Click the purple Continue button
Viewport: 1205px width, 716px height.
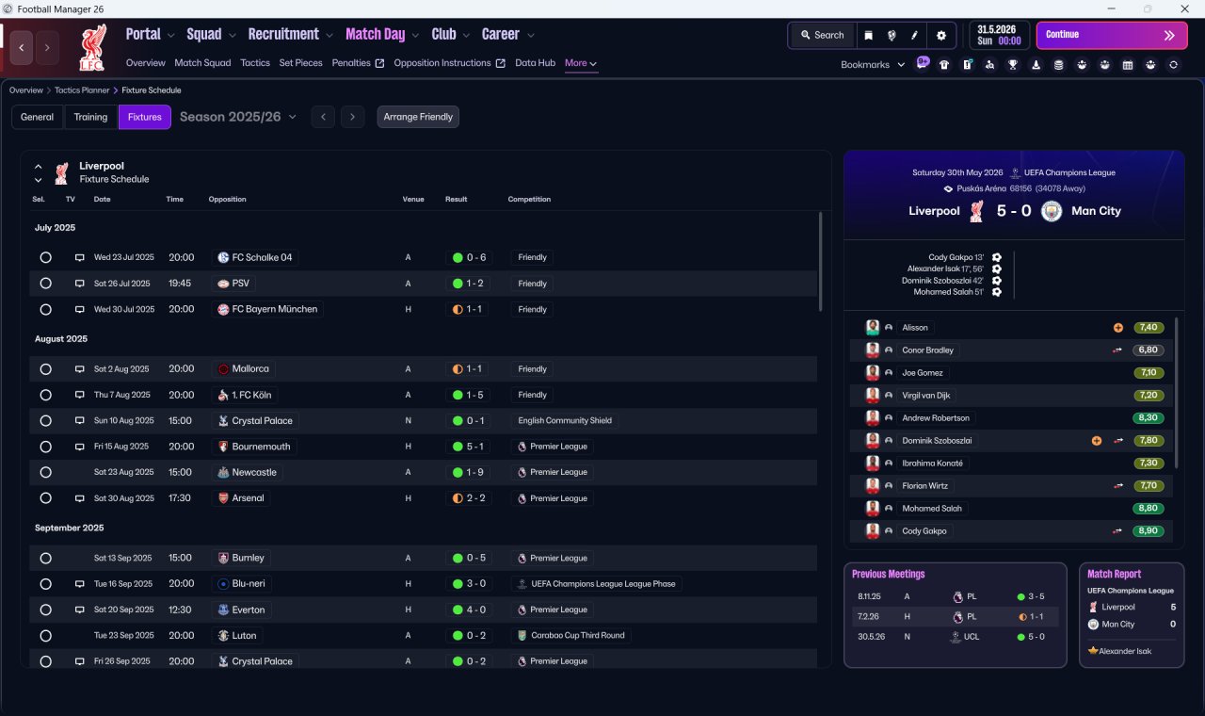tap(1112, 35)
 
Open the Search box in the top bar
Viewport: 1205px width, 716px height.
tap(823, 35)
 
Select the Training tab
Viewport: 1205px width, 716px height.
tap(90, 117)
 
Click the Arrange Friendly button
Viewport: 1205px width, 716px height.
tap(418, 117)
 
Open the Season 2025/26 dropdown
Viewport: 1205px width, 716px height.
tap(238, 117)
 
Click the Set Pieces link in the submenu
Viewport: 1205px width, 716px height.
tap(300, 63)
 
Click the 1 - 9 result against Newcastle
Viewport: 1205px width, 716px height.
tap(469, 472)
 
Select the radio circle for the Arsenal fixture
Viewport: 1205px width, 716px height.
tap(46, 498)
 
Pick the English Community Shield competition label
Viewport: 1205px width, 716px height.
tap(565, 420)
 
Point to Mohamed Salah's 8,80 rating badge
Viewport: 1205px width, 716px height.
tap(1148, 508)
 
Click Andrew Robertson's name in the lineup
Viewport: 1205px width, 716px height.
tap(936, 417)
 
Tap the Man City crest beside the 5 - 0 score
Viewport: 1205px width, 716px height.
tap(1052, 211)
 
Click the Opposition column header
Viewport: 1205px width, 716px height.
tap(227, 199)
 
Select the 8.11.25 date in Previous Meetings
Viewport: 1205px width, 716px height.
tap(869, 596)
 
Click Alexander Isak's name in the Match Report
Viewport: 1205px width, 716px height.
tap(1125, 651)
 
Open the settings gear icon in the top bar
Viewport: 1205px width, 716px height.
tap(940, 36)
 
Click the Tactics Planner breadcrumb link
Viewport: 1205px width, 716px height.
tap(82, 89)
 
